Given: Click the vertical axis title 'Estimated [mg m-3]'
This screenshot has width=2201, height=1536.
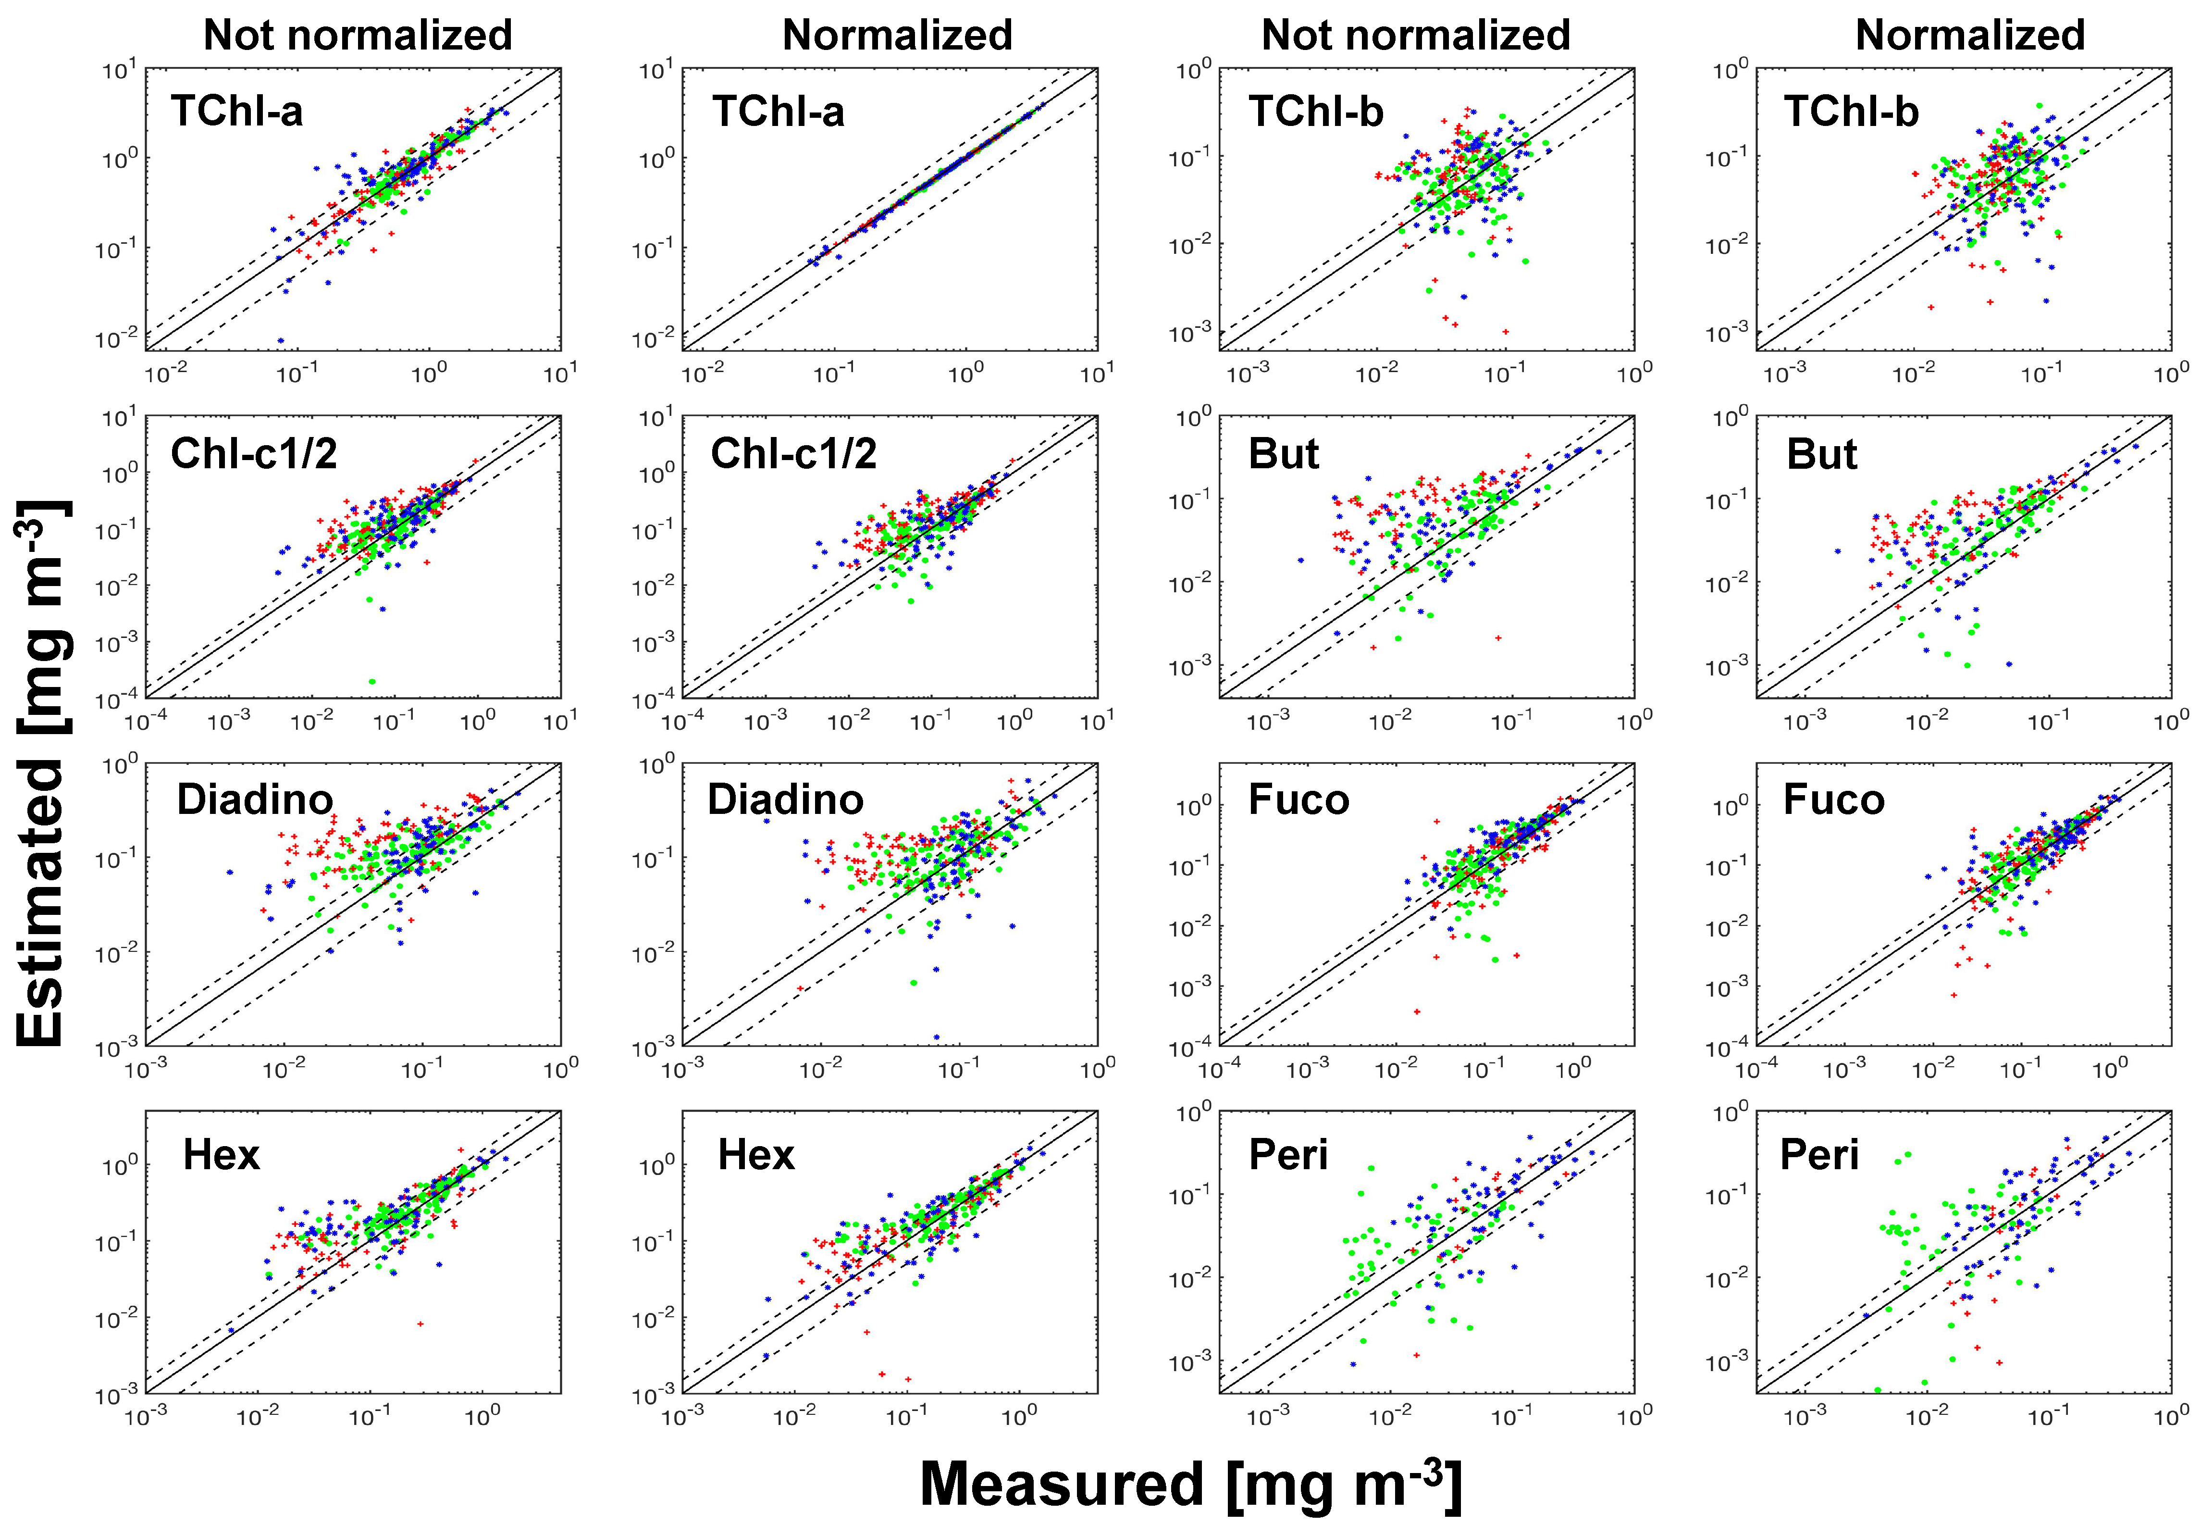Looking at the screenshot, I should tap(43, 772).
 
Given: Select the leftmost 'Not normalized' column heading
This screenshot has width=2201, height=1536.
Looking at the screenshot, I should tap(358, 36).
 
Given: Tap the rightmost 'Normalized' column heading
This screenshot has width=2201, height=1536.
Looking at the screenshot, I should tap(1970, 36).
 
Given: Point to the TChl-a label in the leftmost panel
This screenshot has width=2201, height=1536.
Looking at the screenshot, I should tap(237, 111).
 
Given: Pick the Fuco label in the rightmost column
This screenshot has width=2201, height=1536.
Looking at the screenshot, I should tap(1833, 799).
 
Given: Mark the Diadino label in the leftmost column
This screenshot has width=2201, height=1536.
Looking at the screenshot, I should tap(254, 799).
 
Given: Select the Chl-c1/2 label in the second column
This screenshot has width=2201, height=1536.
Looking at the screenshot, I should tap(793, 453).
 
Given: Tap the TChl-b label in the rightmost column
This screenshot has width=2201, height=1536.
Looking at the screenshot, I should tap(1850, 111).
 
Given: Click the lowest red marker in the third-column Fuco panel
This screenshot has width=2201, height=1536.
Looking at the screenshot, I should tap(1417, 1012).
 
